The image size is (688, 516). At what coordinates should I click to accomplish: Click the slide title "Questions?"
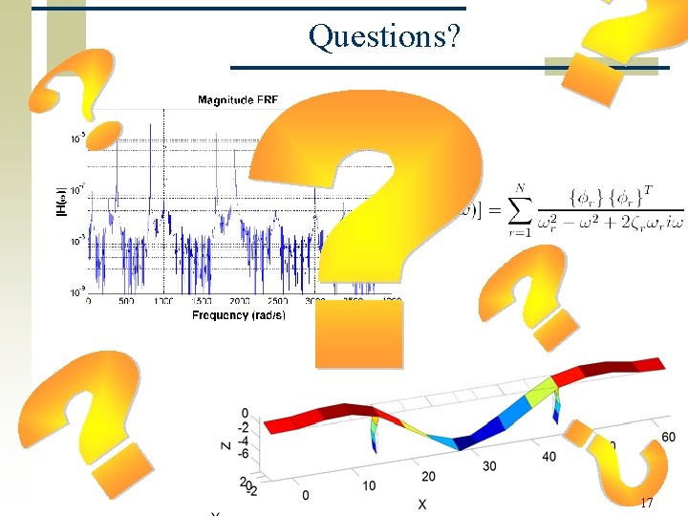pyautogui.click(x=384, y=36)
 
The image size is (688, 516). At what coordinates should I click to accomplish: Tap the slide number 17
pyautogui.click(x=647, y=503)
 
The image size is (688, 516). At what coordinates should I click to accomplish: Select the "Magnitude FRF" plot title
pyautogui.click(x=238, y=99)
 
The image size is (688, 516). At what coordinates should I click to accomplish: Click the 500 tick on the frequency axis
pyautogui.click(x=126, y=301)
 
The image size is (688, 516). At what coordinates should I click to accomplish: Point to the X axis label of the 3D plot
pyautogui.click(x=421, y=503)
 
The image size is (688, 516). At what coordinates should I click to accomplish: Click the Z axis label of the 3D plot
pyautogui.click(x=223, y=444)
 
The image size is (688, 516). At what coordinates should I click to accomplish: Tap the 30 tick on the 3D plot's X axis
pyautogui.click(x=490, y=466)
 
